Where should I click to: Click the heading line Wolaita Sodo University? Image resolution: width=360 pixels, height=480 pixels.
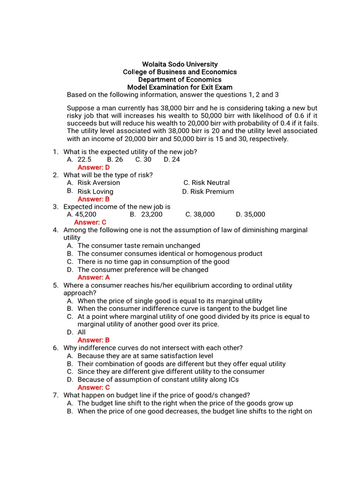180,64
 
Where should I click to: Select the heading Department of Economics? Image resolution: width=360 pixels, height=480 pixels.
180,80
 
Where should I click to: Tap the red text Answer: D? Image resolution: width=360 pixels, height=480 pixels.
94,167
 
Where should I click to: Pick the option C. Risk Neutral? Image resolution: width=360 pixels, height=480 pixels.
206,183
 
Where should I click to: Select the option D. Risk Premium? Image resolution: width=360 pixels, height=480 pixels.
208,191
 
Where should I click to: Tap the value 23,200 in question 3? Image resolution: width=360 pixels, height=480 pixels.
152,214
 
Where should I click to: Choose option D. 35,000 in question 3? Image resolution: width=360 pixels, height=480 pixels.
250,214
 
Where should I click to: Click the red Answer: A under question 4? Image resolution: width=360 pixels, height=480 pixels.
94,277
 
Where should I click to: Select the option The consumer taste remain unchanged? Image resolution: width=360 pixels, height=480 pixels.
139,246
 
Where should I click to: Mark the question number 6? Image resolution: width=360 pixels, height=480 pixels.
55,348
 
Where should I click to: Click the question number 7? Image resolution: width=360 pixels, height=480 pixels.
55,395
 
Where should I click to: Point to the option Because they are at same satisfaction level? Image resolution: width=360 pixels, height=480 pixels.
145,356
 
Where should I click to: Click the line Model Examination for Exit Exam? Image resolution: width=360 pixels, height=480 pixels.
180,88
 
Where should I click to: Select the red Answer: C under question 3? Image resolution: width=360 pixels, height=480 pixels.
90,222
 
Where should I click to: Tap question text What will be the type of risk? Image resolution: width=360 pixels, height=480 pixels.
108,175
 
